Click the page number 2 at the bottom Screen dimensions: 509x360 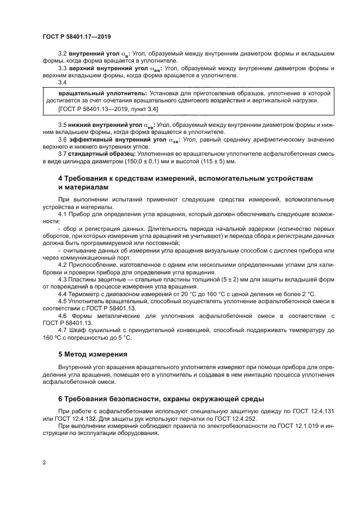45,463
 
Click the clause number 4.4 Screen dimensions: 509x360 63,294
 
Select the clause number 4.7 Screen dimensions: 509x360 63,330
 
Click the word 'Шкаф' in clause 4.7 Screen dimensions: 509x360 78,330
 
